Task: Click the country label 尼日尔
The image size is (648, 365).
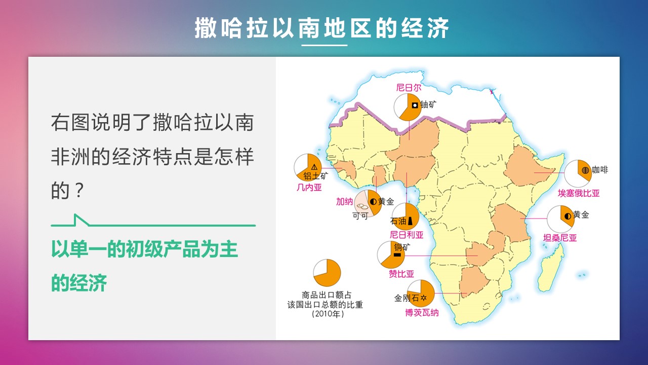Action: (409, 88)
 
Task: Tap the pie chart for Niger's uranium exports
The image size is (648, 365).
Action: (408, 107)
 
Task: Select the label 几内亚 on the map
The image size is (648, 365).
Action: (309, 188)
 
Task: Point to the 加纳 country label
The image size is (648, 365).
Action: (344, 201)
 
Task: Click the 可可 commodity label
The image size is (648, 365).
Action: (360, 215)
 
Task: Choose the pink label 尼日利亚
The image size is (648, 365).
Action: (407, 235)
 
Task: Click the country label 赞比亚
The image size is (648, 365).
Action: (401, 273)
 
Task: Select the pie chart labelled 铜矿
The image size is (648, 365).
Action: (391, 255)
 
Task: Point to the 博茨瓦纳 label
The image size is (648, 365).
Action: (422, 313)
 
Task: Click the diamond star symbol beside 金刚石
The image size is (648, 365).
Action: (423, 298)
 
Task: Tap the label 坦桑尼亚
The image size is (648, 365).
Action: (560, 238)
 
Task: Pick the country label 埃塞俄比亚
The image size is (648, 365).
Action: (579, 193)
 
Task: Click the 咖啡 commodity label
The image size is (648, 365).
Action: (600, 170)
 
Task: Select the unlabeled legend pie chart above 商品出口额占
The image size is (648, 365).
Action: (327, 273)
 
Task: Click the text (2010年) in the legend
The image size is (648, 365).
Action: (328, 314)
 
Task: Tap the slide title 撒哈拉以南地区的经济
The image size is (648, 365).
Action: (321, 28)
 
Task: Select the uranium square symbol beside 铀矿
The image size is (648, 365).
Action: (415, 105)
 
